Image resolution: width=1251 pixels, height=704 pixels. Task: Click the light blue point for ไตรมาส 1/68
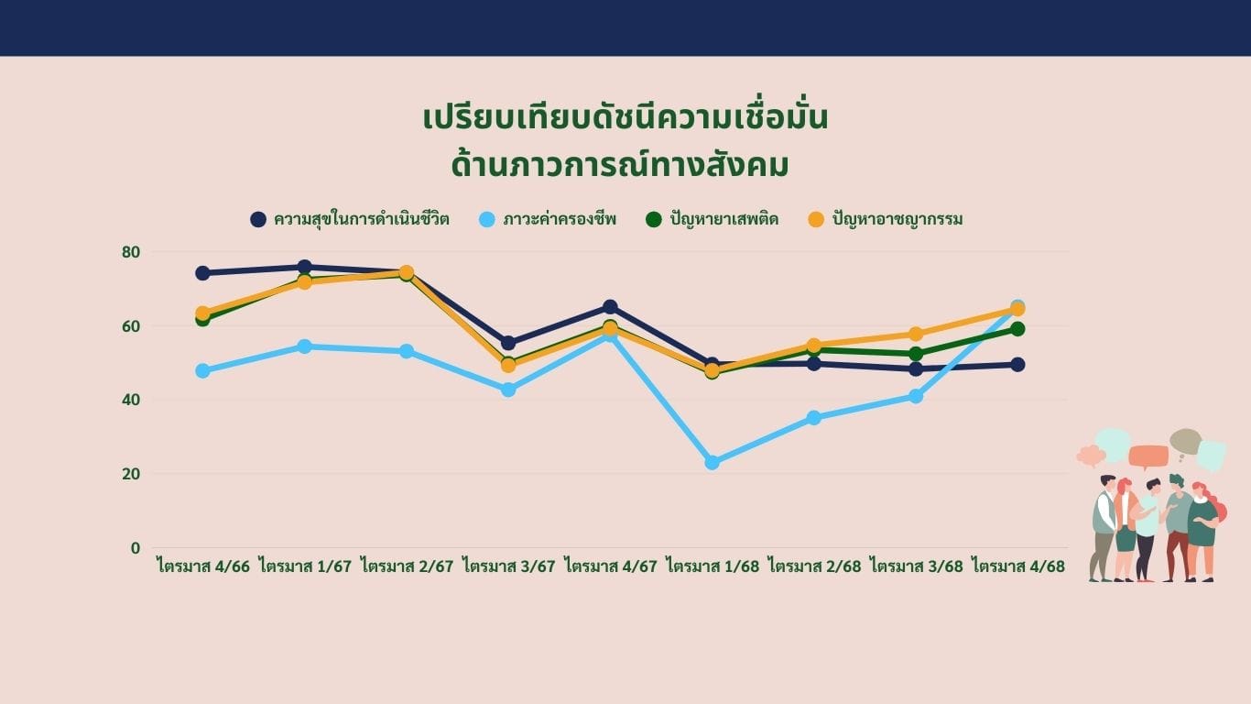click(x=713, y=462)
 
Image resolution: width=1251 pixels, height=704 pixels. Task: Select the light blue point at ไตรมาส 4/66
click(x=202, y=370)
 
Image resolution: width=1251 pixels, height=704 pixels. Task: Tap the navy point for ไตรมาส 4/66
click(x=202, y=273)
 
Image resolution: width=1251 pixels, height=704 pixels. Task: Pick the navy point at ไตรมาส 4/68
click(x=1017, y=365)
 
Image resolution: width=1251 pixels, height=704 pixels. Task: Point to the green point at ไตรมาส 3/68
click(x=916, y=354)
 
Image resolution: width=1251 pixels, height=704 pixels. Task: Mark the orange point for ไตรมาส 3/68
click(x=916, y=335)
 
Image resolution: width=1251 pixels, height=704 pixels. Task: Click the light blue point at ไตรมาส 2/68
click(x=814, y=418)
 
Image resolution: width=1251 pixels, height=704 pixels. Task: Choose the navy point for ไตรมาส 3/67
click(x=508, y=343)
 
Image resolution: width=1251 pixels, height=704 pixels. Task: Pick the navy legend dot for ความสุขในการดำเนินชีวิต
click(x=258, y=219)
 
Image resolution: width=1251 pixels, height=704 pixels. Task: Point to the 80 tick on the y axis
click(x=131, y=252)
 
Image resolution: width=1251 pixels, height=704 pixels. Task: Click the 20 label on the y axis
click(x=131, y=474)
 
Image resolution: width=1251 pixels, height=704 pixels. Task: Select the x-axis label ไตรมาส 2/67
click(x=408, y=566)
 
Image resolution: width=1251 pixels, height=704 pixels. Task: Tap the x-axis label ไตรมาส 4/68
click(x=1018, y=566)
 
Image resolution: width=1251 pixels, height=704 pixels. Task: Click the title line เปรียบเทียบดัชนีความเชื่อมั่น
click(x=625, y=118)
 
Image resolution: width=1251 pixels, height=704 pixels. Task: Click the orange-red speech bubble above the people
click(x=1148, y=456)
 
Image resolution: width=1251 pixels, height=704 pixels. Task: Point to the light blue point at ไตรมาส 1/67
click(x=304, y=346)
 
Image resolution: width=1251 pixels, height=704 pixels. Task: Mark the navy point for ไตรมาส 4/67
click(x=611, y=307)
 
